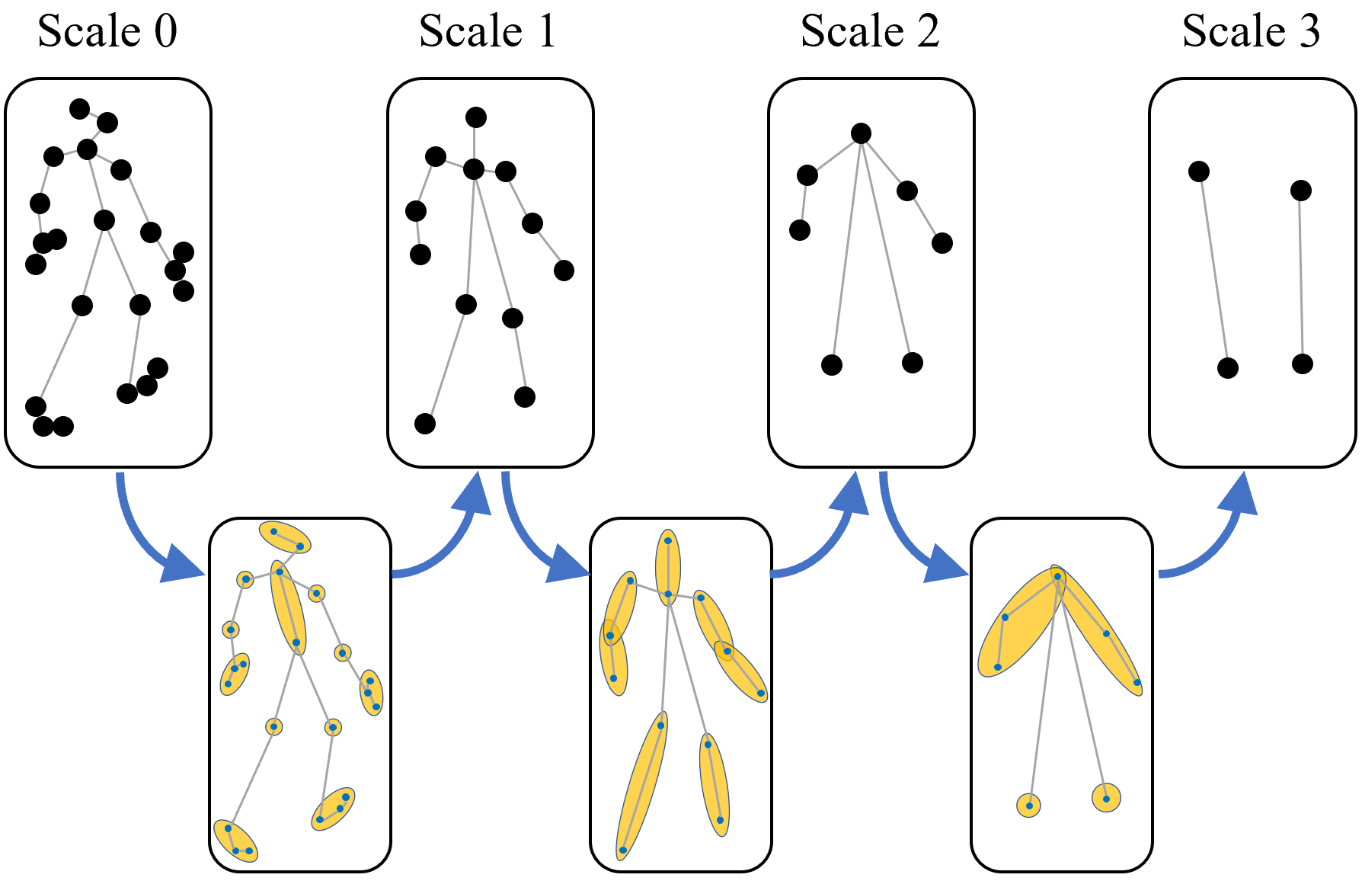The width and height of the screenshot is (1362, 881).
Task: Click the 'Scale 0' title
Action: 107,32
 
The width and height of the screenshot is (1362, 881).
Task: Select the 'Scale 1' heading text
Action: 488,32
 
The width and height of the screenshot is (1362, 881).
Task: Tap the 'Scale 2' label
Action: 870,32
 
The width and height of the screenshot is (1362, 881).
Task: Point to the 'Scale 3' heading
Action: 1251,32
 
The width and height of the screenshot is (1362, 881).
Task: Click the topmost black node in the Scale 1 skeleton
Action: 476,117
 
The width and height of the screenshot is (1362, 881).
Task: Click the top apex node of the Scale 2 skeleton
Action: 861,133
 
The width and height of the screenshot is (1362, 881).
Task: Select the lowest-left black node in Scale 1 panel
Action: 425,424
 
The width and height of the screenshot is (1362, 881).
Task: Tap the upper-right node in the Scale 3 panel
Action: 1301,191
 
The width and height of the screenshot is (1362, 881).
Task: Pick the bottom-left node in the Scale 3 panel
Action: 1228,368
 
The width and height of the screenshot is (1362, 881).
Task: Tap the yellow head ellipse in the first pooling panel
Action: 285,537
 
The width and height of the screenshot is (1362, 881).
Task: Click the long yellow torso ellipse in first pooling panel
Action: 289,608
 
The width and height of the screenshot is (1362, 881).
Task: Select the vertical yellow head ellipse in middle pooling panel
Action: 668,568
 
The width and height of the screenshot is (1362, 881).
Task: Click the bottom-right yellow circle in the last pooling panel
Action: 1106,798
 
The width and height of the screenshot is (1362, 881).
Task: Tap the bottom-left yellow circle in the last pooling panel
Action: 1029,805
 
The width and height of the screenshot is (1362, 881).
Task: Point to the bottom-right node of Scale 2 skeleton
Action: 913,363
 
